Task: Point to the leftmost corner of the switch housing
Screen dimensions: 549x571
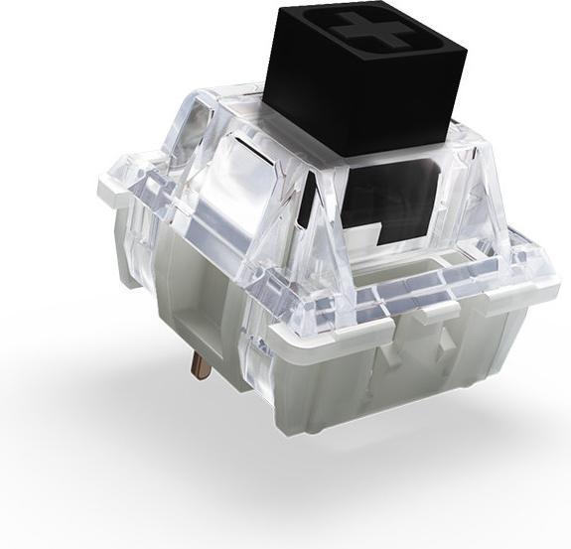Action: point(103,185)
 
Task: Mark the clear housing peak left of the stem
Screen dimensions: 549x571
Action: point(224,99)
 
